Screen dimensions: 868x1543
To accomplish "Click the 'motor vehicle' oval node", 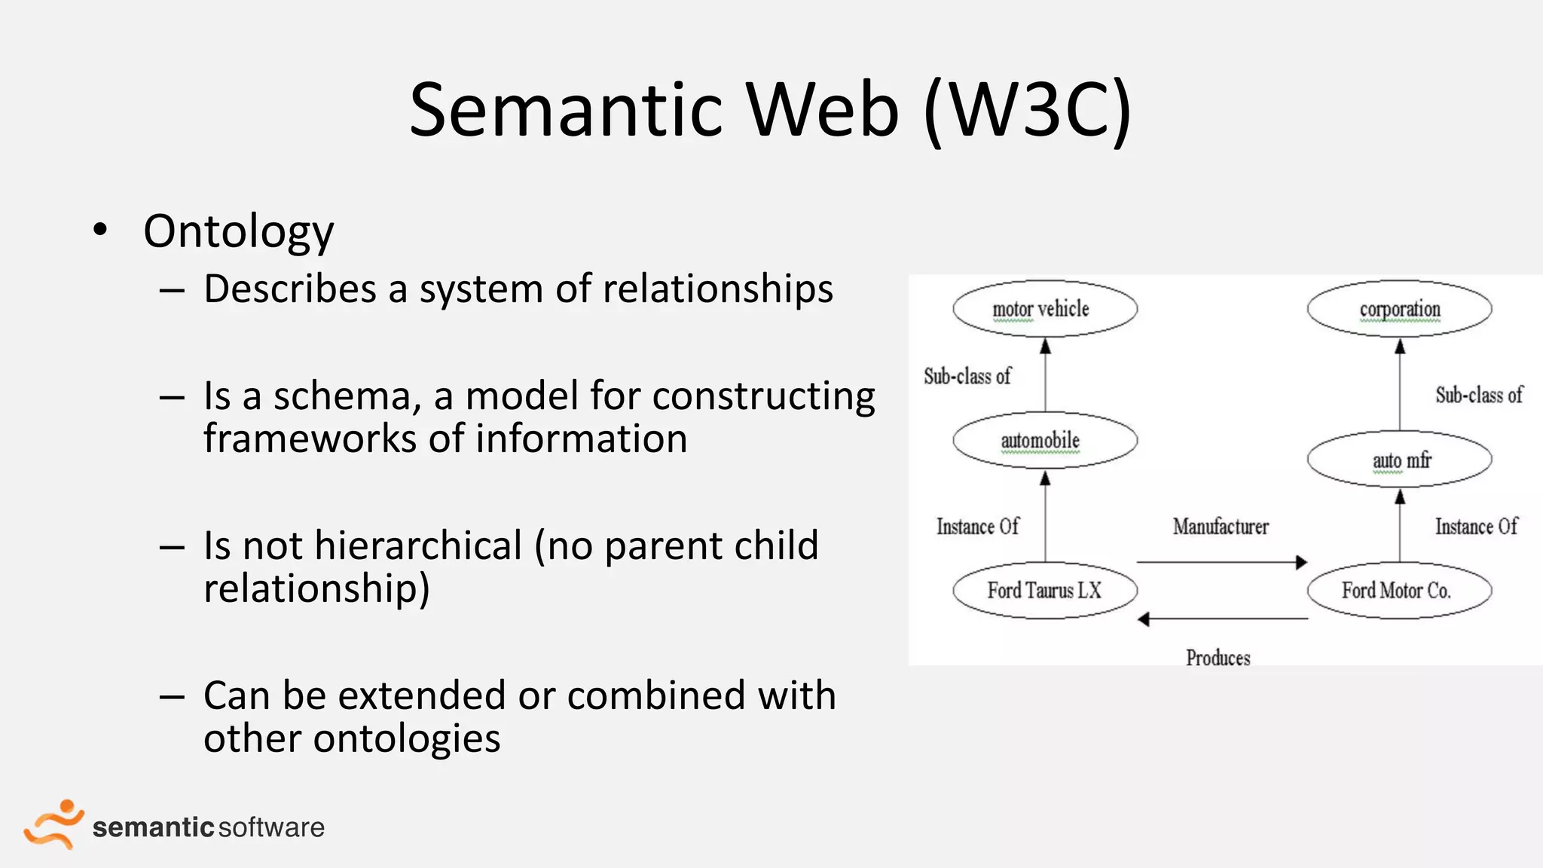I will coord(1044,309).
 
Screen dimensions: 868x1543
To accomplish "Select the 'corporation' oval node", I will coord(1399,309).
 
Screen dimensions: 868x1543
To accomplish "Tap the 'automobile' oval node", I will coord(1044,441).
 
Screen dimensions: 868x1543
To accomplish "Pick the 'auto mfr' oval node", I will coord(1399,460).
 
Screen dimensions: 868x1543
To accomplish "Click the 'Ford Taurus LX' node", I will coord(1044,591).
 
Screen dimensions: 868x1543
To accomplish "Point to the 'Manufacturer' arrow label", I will coord(1220,527).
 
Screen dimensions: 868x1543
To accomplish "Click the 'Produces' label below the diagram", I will coord(1218,658).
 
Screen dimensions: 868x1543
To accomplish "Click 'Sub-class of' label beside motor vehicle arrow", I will coord(967,376).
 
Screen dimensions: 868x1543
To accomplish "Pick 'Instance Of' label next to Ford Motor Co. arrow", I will coord(1475,527).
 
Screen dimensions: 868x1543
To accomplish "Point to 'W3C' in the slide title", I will coord(1028,111).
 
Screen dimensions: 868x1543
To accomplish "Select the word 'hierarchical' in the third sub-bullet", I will coord(418,546).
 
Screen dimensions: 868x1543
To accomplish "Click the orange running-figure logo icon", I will coord(53,824).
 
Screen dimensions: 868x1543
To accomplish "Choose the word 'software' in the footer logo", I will coord(271,827).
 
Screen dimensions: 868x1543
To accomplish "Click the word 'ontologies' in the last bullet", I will coord(407,738).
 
